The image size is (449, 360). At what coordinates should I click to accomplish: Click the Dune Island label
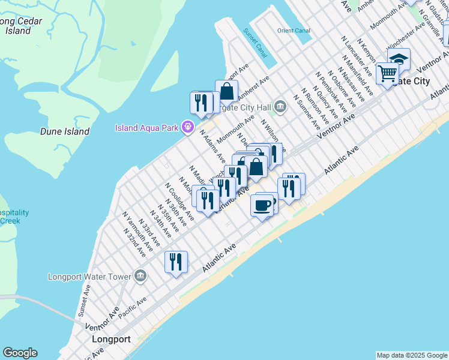65,131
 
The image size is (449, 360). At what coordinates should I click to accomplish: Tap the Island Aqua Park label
148,127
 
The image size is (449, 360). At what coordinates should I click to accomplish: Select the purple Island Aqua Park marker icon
187,127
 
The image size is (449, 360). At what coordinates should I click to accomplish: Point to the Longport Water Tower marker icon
140,276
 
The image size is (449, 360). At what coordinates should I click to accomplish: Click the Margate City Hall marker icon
280,107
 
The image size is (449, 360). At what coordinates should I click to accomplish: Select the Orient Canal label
294,31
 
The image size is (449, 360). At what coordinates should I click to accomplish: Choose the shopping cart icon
388,74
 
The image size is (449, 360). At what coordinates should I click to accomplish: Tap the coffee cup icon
262,205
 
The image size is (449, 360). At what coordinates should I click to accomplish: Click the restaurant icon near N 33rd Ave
176,262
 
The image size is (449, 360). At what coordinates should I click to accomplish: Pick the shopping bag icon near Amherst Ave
226,92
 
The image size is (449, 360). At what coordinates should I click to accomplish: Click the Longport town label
112,339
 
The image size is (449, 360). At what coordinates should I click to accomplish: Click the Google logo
20,353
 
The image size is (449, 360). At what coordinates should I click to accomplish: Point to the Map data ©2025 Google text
412,355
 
